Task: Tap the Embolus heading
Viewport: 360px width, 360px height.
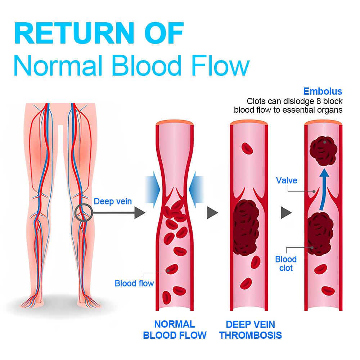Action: (x=323, y=91)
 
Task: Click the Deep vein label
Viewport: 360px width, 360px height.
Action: (x=113, y=201)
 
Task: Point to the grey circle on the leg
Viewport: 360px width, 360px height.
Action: (x=84, y=213)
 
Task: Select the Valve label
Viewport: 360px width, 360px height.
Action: (x=287, y=180)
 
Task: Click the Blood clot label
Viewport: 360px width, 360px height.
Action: (x=286, y=264)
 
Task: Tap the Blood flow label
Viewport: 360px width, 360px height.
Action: (x=134, y=283)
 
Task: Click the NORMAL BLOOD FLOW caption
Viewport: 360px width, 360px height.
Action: (x=175, y=330)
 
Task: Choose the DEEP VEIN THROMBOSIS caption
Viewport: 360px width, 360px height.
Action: (x=251, y=330)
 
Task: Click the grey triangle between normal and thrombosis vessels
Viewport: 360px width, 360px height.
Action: (x=212, y=213)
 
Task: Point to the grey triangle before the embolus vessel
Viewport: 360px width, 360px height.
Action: (x=286, y=213)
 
